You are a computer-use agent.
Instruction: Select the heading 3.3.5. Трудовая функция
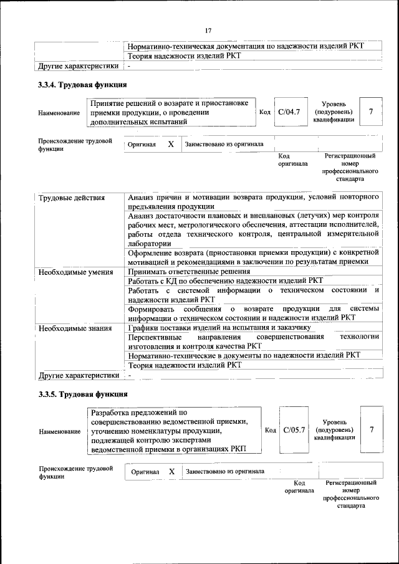point(83,394)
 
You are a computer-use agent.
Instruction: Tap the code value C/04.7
point(289,112)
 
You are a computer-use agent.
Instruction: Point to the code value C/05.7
point(294,430)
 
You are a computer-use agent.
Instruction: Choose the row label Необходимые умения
point(76,272)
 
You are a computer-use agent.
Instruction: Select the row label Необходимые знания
point(75,327)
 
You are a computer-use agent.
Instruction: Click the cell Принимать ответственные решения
point(189,272)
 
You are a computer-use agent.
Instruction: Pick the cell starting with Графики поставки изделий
point(219,327)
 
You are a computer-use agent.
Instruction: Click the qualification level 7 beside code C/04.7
point(371,112)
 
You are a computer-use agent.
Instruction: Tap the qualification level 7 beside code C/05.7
point(372,430)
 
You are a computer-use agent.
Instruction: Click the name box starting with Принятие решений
point(171,112)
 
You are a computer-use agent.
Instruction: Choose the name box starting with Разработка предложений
point(175,430)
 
